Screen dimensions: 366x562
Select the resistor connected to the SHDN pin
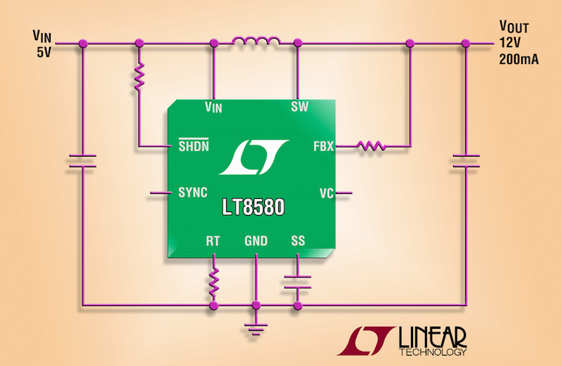click(139, 77)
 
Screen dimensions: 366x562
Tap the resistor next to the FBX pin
click(370, 146)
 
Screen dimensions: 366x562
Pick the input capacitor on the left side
click(82, 160)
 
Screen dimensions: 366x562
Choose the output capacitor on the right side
click(464, 160)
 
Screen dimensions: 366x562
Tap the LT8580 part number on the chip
click(255, 209)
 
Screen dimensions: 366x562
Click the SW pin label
click(299, 106)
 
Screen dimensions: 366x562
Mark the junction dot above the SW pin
click(298, 44)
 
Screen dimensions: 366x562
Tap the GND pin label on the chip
click(256, 241)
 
